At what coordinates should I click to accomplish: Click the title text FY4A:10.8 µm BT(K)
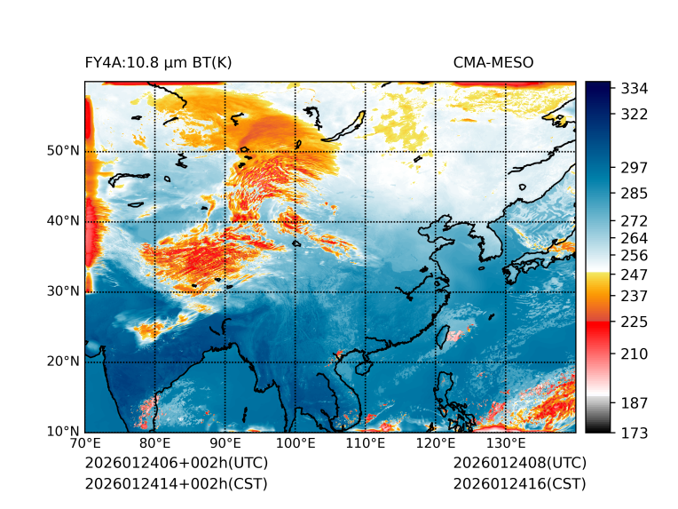[x=159, y=62]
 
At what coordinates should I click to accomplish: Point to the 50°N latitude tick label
[x=63, y=151]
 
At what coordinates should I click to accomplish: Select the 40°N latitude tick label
[x=63, y=221]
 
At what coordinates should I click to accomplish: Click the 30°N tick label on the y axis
[x=63, y=291]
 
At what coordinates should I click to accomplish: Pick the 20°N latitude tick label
[x=63, y=362]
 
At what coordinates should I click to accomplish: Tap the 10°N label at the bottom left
[x=63, y=432]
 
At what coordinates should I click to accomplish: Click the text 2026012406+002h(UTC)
[x=176, y=464]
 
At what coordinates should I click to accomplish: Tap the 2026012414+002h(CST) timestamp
[x=176, y=484]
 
